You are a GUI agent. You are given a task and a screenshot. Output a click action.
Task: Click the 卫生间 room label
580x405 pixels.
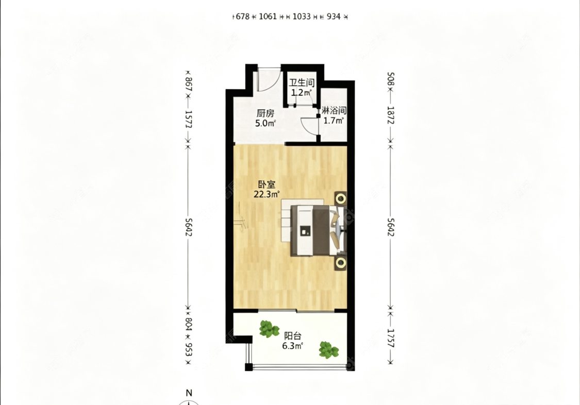(302, 82)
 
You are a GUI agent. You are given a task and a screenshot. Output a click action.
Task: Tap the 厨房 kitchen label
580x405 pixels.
(265, 113)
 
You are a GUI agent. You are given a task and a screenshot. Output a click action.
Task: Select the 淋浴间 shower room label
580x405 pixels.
(334, 110)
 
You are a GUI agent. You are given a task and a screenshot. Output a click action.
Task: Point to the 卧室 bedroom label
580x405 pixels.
(267, 183)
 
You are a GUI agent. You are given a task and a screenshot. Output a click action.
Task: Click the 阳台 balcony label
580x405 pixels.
(293, 336)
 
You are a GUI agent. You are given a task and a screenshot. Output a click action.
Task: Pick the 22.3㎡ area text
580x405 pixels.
(267, 194)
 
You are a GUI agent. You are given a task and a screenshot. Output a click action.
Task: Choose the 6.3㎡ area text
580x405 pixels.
(293, 346)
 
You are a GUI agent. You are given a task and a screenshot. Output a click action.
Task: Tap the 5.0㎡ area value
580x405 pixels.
(265, 124)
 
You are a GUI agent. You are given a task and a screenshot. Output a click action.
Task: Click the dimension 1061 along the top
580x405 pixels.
(268, 16)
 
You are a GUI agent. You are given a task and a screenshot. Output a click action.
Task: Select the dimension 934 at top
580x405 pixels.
(334, 16)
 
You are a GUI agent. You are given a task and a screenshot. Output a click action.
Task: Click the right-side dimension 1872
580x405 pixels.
(391, 115)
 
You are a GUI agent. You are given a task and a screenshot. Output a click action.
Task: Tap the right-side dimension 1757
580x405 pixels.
(391, 338)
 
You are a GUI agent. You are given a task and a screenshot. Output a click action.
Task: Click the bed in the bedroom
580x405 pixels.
(313, 231)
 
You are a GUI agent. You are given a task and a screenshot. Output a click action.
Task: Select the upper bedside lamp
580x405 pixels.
(341, 199)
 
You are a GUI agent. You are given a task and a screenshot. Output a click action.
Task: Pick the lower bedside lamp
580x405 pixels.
(341, 263)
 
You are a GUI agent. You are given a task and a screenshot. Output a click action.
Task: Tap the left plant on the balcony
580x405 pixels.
(269, 329)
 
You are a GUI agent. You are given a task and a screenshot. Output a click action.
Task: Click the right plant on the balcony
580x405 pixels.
(328, 349)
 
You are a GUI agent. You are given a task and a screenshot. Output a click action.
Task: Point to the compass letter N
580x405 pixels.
(189, 393)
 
